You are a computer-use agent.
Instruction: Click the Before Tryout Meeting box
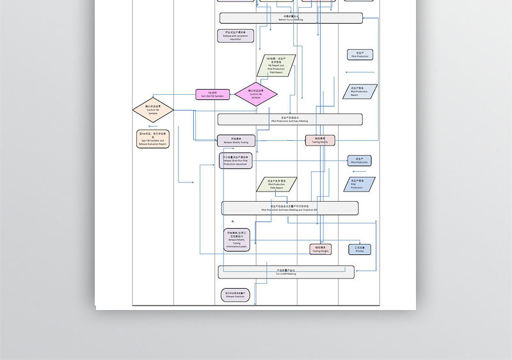pos(291,18)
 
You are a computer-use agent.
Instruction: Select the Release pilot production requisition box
pos(236,36)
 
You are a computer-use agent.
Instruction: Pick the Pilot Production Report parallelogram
pos(360,92)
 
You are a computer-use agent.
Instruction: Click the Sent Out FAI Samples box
pos(212,94)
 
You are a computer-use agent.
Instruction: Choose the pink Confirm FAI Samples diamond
pos(256,95)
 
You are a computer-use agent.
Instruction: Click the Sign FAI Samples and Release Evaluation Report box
pos(153,139)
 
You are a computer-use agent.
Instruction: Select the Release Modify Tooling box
pos(236,140)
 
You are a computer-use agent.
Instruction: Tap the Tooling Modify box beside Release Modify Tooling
pos(320,140)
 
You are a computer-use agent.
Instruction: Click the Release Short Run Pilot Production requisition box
pos(236,161)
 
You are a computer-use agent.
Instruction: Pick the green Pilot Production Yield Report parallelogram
pos(276,185)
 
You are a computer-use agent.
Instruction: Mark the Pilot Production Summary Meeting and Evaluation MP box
pos(290,208)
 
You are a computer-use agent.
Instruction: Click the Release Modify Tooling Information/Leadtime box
pos(236,240)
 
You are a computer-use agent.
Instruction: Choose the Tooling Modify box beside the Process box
pos(320,249)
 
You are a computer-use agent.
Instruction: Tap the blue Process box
pos(360,249)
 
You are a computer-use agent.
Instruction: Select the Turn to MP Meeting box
pos(286,272)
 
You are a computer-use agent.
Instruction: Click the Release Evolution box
pos(235,295)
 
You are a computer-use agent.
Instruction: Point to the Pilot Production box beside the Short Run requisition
pos(360,160)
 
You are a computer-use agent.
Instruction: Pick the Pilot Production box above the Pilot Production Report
pos(360,55)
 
